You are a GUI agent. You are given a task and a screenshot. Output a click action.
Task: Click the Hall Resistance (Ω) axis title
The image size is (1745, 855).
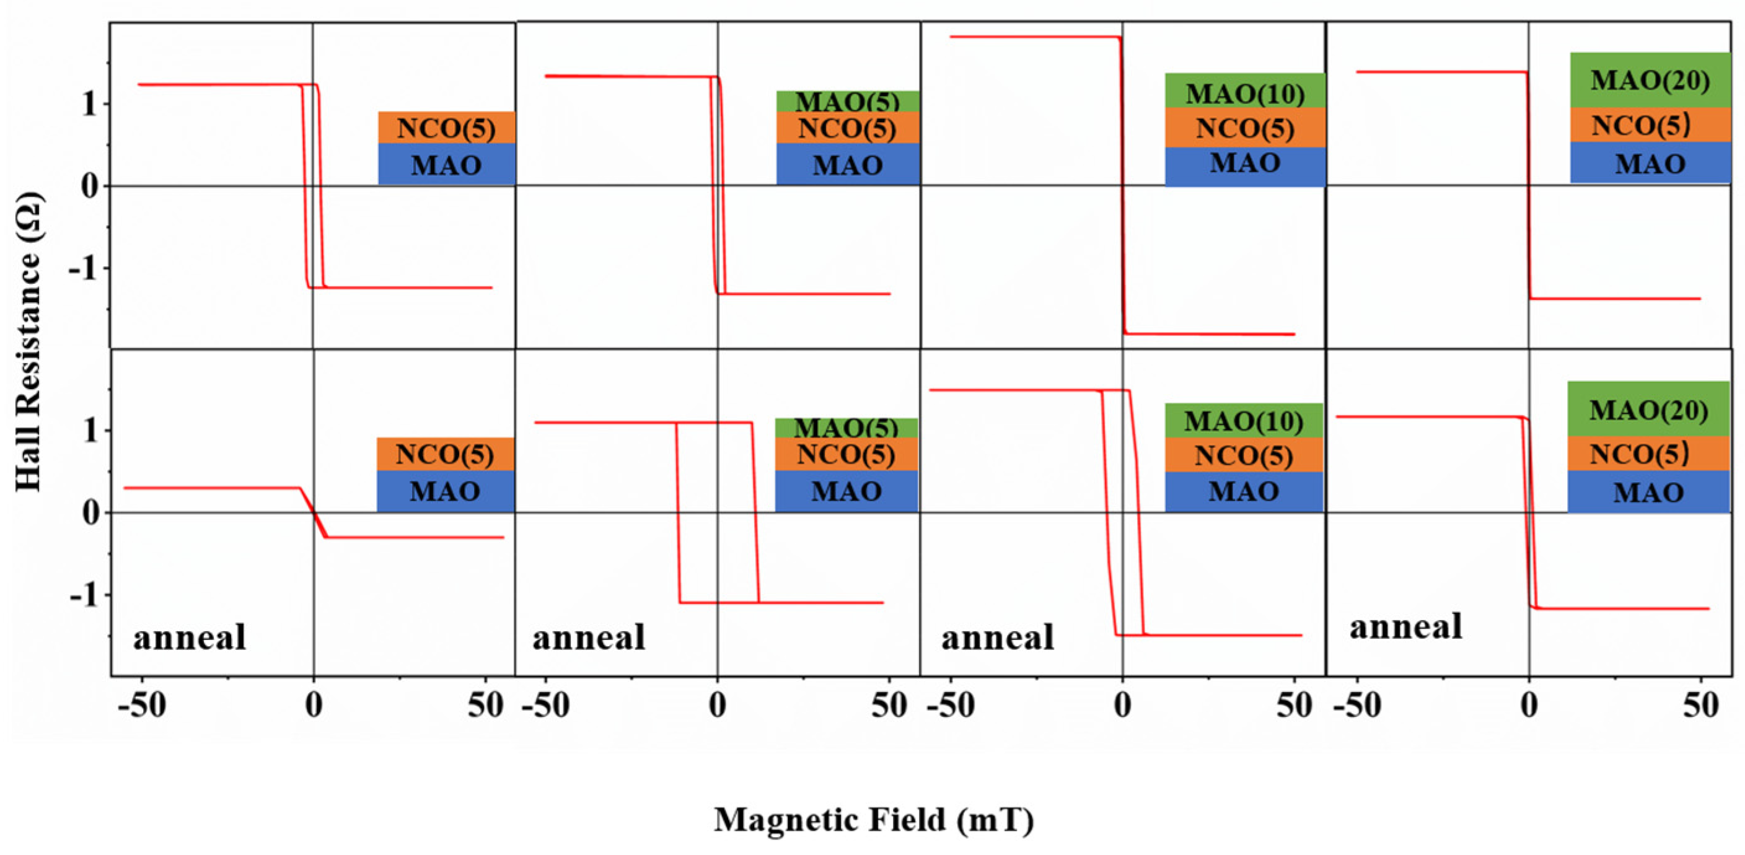coord(29,342)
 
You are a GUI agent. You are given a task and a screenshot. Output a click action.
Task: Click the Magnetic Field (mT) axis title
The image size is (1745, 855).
coord(874,820)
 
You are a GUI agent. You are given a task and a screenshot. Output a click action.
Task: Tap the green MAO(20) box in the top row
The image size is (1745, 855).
coord(1650,80)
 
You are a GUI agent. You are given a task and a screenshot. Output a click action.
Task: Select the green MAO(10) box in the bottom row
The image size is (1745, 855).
coord(1244,421)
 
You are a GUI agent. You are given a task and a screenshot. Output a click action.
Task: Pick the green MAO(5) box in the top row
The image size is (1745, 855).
coord(848,101)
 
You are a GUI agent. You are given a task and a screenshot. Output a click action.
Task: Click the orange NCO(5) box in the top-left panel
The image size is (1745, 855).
coord(446,128)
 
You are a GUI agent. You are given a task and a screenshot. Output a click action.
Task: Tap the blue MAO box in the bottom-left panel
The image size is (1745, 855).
coord(445,491)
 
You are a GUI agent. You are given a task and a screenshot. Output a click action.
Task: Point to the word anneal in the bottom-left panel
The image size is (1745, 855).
coord(190,638)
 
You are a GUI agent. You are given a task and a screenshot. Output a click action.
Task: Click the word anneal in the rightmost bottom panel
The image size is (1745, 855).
coord(1405,626)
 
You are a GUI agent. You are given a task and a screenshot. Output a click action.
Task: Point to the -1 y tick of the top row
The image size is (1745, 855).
coord(82,269)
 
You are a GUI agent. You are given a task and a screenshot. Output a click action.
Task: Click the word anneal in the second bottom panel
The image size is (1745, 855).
coord(589,638)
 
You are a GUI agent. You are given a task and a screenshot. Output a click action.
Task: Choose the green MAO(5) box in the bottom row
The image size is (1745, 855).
coord(846,427)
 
